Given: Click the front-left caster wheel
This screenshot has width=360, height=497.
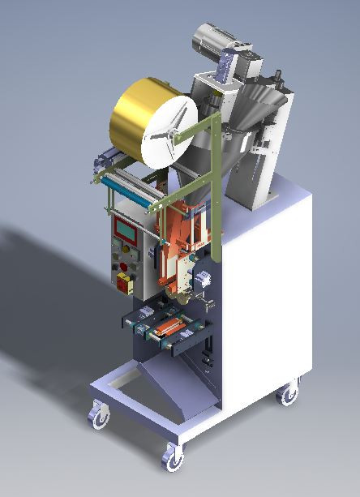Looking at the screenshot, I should [99, 416].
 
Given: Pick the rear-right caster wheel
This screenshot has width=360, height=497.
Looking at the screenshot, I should [288, 395].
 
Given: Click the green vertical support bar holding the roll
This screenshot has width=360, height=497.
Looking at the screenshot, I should [214, 170].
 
